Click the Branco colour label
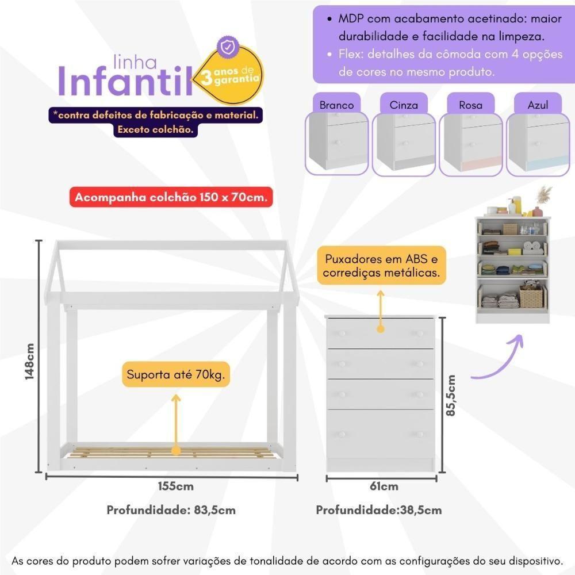coord(336,105)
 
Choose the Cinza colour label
coord(404,105)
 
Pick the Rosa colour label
coord(470,105)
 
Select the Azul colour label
coord(538,105)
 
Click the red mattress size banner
coord(171,197)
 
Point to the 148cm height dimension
coord(30,361)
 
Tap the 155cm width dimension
coord(176,486)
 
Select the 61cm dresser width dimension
coord(384,486)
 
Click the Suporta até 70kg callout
coord(175,376)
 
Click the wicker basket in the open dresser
coord(531,297)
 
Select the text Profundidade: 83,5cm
coord(171,510)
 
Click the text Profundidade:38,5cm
coord(379,510)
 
